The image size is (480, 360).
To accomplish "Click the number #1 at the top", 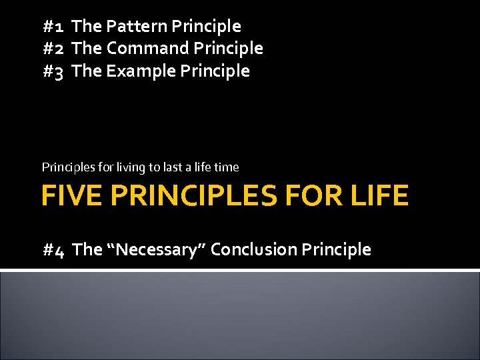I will [x=53, y=27].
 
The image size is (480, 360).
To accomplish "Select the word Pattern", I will [x=137, y=27].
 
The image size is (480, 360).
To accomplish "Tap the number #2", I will [x=53, y=49].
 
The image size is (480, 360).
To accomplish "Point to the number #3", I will [x=53, y=71].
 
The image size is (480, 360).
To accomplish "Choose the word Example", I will [x=138, y=71].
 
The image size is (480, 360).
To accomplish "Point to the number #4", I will [x=53, y=250].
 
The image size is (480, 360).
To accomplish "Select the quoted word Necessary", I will [x=157, y=250].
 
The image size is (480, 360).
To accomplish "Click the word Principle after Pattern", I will [x=206, y=27].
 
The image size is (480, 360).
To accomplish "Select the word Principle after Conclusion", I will [x=336, y=250].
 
